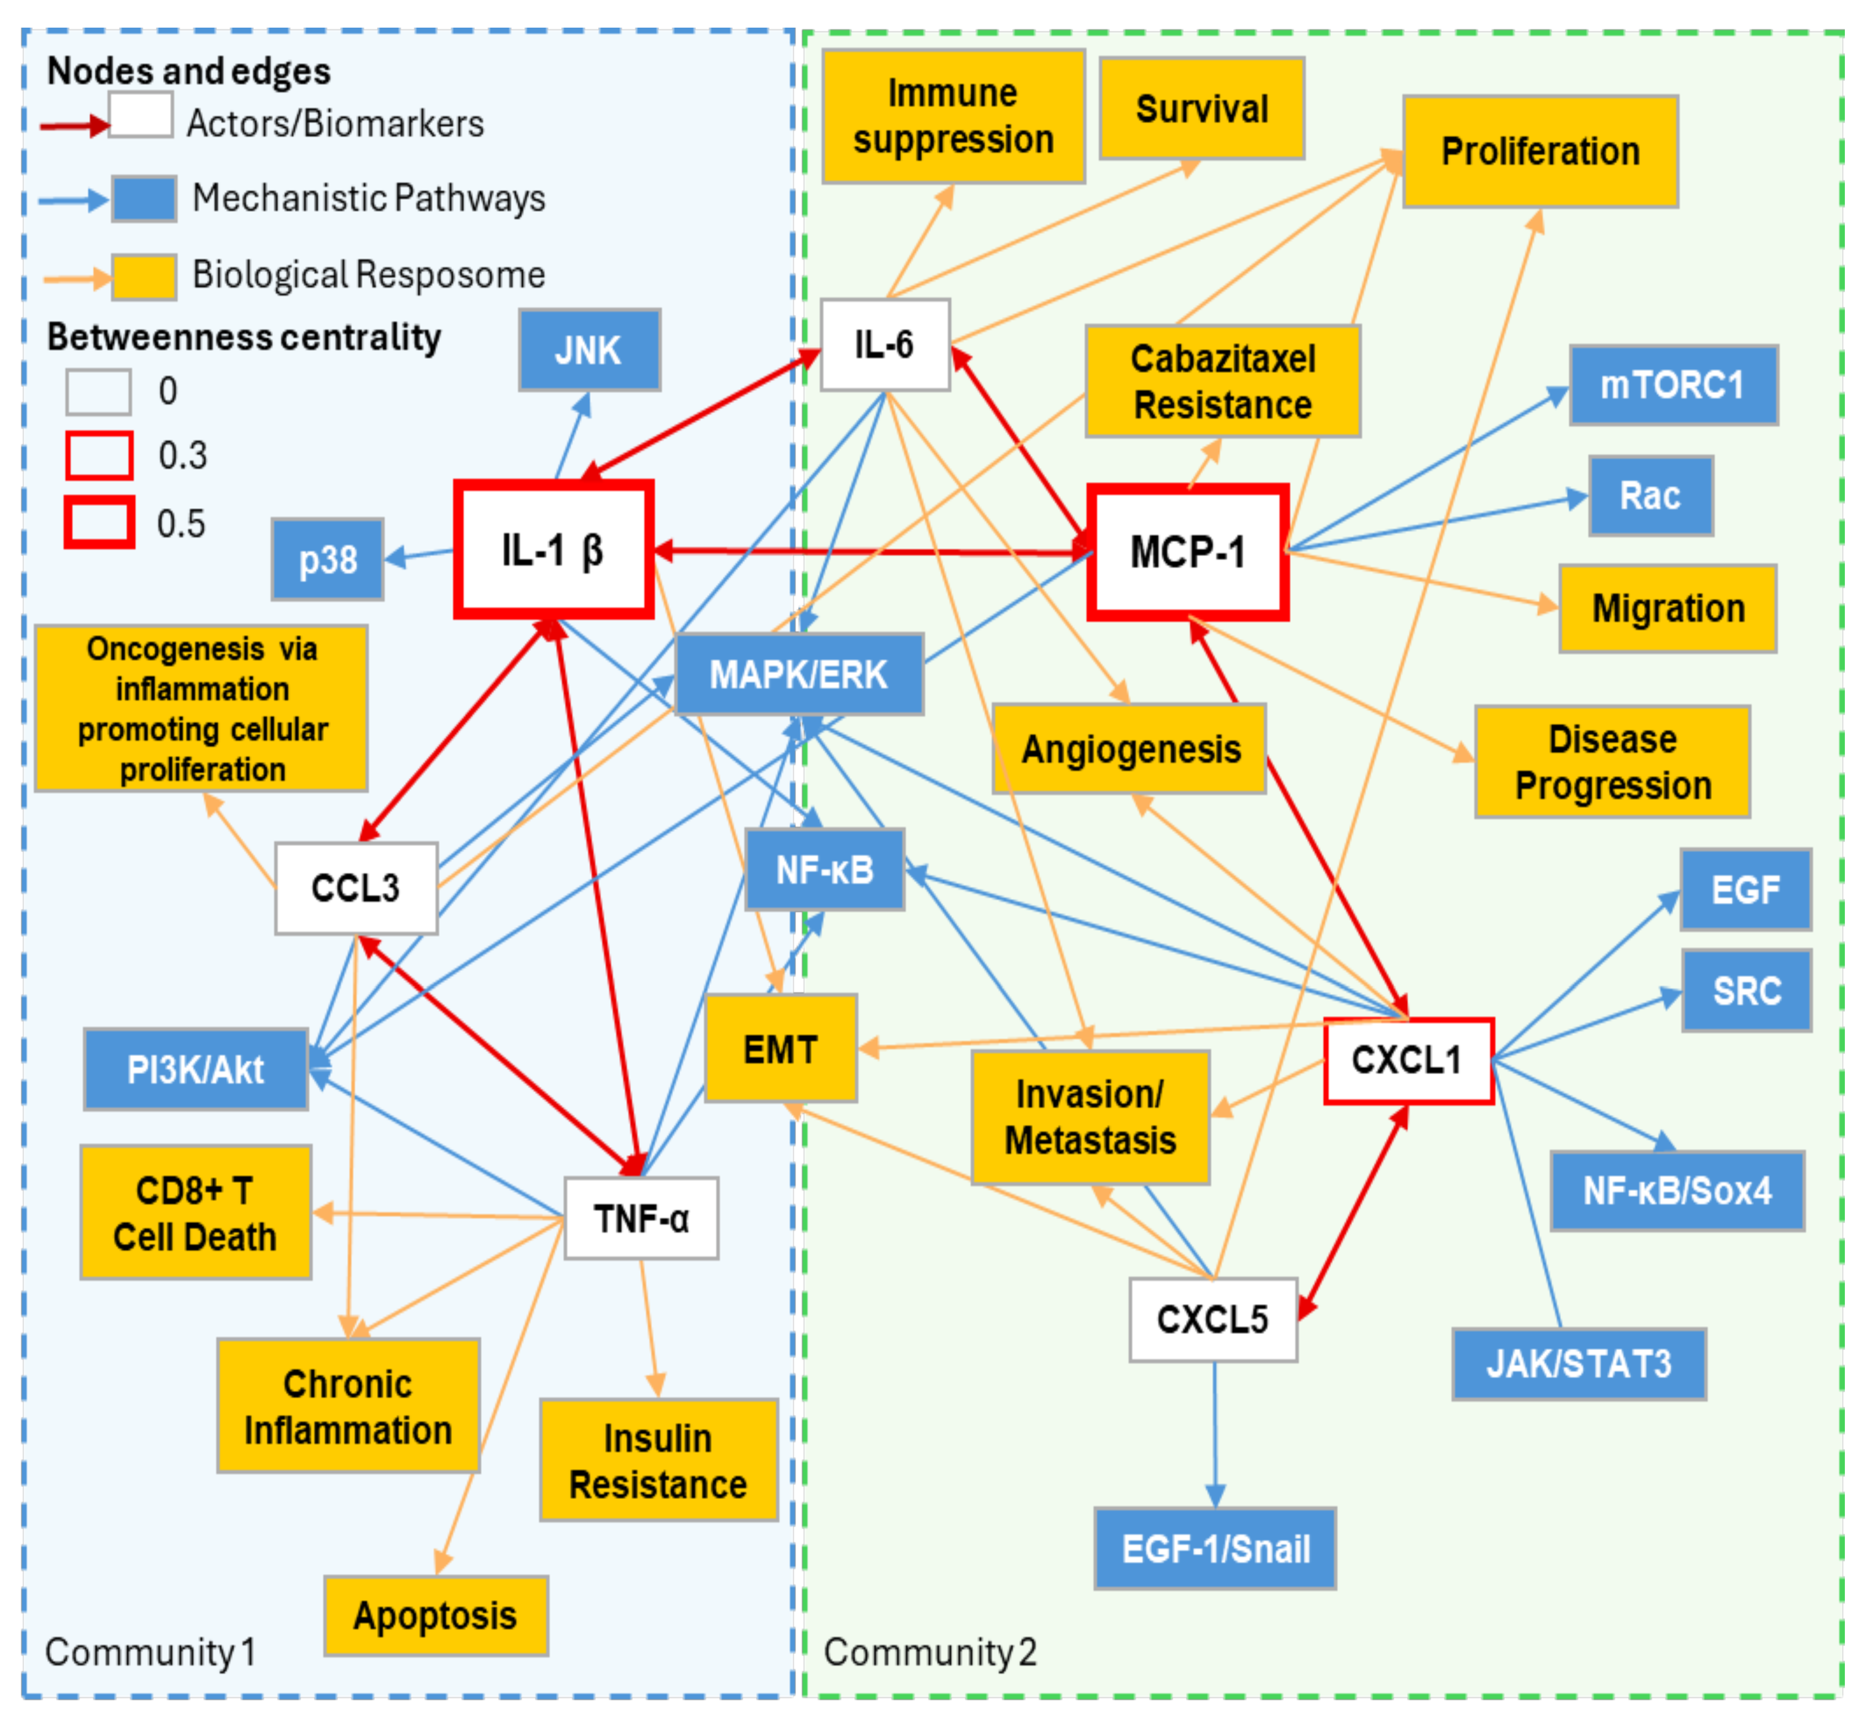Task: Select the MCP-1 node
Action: click(1188, 552)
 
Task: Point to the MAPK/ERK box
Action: click(799, 674)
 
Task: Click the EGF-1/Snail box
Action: click(1215, 1549)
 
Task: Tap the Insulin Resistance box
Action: click(658, 1460)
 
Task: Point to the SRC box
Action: click(1747, 990)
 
